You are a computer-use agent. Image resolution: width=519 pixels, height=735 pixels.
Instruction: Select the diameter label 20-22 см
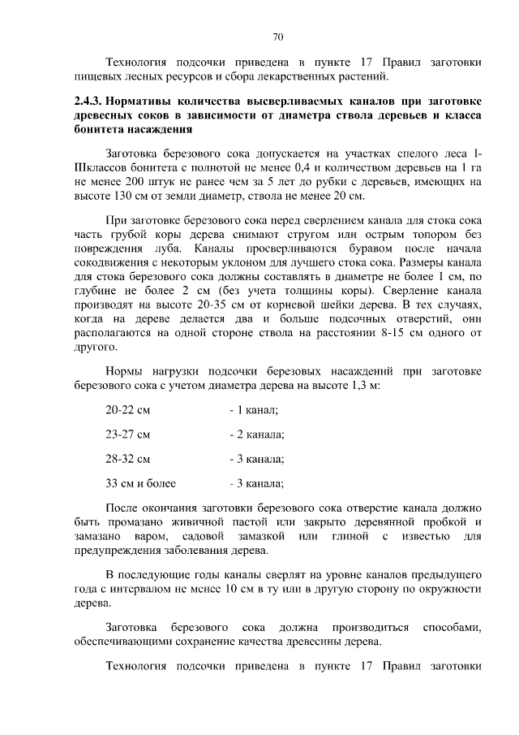point(128,409)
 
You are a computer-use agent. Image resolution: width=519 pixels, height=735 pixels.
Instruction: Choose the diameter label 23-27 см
point(128,434)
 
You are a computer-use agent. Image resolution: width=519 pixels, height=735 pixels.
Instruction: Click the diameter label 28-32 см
point(128,458)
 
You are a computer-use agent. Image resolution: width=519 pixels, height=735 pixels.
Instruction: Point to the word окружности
point(444,590)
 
